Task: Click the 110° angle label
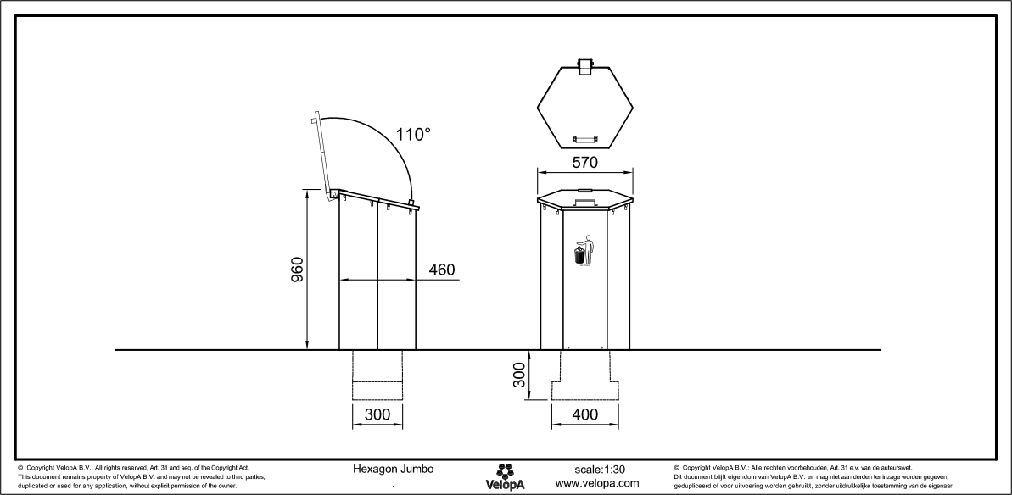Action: point(413,134)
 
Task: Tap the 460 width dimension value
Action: point(440,270)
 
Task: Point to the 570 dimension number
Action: point(584,161)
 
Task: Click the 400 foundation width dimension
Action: point(584,415)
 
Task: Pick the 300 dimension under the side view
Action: point(377,415)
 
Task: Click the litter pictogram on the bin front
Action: point(583,252)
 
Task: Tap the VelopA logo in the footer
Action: point(506,476)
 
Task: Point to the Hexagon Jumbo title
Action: point(393,469)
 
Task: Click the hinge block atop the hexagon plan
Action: point(584,66)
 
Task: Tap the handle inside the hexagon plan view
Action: point(584,136)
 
